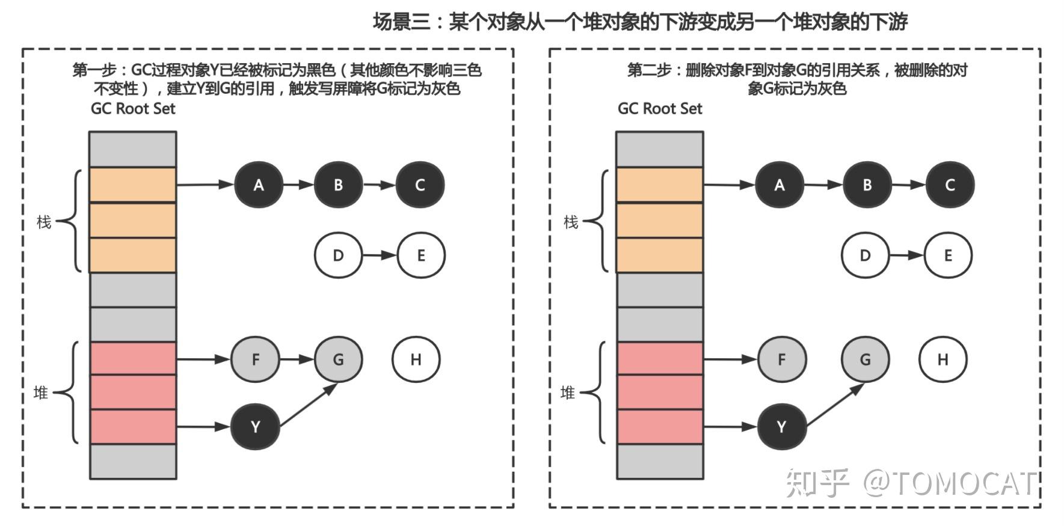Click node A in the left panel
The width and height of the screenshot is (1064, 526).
pos(258,185)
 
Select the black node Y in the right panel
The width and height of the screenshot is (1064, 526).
pos(781,427)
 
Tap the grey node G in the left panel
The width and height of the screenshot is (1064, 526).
pos(338,359)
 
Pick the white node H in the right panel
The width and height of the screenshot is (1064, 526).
pos(943,359)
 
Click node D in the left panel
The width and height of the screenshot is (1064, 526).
pos(338,255)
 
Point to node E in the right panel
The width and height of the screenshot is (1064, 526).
pos(948,255)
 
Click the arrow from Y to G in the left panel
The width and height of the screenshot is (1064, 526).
pos(308,406)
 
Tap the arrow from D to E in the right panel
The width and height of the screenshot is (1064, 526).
pos(906,255)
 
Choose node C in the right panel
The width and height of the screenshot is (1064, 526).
pos(950,185)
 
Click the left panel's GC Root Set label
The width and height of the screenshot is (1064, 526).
pos(133,109)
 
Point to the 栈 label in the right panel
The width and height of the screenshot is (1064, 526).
pos(570,222)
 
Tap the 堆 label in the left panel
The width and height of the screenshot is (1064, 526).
pos(41,393)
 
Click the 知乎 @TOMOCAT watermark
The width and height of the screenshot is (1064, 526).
pos(911,483)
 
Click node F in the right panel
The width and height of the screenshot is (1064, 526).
pos(781,359)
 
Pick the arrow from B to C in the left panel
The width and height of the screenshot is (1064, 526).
pos(379,185)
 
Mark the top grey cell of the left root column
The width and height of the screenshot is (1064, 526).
pos(133,149)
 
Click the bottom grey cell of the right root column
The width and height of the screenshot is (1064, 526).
pos(660,461)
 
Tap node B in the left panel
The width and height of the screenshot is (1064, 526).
pos(338,185)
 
